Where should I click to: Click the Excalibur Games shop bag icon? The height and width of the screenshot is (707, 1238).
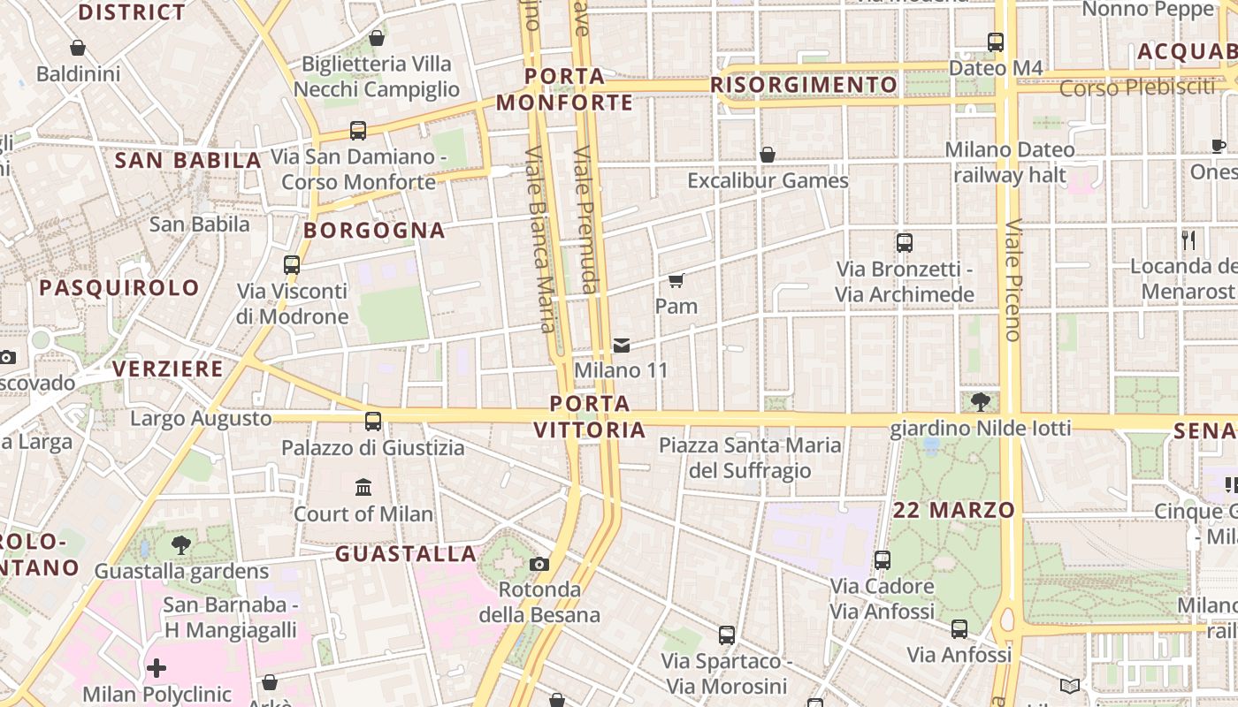click(x=768, y=155)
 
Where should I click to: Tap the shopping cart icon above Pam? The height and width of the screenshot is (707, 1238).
click(x=676, y=281)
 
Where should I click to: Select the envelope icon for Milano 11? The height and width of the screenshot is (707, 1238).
click(x=622, y=345)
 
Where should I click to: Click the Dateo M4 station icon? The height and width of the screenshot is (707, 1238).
click(x=996, y=42)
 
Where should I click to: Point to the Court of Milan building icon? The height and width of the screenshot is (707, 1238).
click(x=363, y=487)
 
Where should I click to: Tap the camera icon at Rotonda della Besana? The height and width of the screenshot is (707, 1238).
click(x=539, y=564)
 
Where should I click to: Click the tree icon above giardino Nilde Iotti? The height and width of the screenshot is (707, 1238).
click(x=980, y=403)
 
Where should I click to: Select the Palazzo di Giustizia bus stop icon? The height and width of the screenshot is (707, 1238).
click(x=373, y=422)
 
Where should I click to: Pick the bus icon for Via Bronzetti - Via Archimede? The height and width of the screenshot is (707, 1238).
click(x=905, y=243)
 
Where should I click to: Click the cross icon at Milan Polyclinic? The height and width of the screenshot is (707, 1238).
click(x=157, y=667)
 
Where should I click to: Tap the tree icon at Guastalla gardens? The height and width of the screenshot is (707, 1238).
click(x=181, y=544)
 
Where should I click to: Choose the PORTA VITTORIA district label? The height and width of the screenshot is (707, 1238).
click(x=590, y=417)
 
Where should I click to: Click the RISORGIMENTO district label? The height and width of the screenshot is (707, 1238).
click(x=804, y=85)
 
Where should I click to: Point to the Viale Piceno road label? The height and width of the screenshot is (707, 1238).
click(x=1013, y=279)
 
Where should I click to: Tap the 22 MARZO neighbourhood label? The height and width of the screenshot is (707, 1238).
click(x=954, y=510)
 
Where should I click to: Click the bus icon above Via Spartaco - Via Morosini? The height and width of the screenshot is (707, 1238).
click(x=727, y=635)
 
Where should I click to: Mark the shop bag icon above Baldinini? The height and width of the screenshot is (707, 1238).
click(x=78, y=48)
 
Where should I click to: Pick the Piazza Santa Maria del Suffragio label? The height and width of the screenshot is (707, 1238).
click(x=750, y=457)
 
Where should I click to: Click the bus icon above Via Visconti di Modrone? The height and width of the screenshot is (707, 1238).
click(x=292, y=264)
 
